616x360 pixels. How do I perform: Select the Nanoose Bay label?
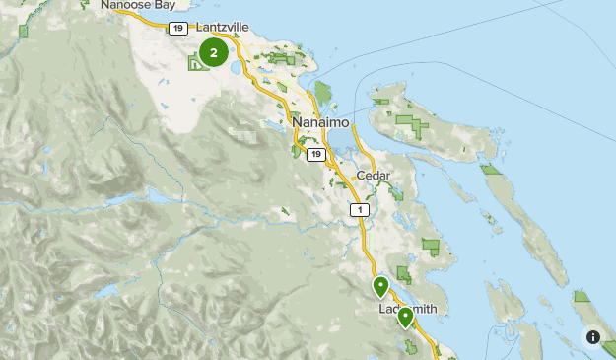[x=138, y=5]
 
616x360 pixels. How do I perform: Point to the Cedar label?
[x=374, y=176]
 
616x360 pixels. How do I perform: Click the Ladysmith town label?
[x=407, y=309]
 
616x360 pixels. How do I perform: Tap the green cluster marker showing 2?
[x=213, y=51]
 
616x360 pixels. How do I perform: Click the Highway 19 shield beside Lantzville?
[x=177, y=28]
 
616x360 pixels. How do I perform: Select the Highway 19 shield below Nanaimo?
[x=314, y=155]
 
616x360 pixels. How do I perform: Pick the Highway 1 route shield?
[x=359, y=210]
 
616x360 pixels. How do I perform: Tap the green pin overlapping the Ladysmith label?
[x=404, y=318]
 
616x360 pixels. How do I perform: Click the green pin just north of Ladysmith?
[x=380, y=287]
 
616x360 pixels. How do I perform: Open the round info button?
[x=593, y=337]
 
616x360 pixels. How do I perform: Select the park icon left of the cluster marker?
[x=195, y=64]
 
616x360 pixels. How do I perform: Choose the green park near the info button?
[x=582, y=297]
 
